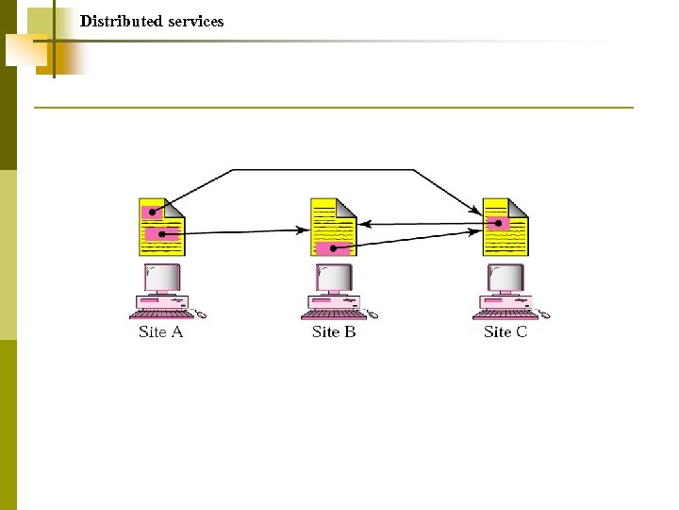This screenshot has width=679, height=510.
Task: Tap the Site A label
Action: (x=160, y=331)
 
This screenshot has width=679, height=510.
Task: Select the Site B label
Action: (x=334, y=331)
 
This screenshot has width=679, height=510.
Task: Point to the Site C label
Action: (x=505, y=331)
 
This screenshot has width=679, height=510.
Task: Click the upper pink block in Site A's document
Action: (x=151, y=212)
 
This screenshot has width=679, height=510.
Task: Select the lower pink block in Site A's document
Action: (x=161, y=233)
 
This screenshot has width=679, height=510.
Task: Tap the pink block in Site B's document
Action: (x=333, y=248)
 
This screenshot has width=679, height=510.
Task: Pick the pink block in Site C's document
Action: (x=498, y=224)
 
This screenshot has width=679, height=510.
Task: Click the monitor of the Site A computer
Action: (x=161, y=278)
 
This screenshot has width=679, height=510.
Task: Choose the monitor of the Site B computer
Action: (x=334, y=278)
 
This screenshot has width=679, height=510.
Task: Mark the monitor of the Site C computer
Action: (x=505, y=278)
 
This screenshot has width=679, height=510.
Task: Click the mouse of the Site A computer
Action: (x=200, y=314)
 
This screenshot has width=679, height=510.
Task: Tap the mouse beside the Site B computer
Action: (x=373, y=314)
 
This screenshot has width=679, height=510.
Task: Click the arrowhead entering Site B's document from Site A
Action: (x=305, y=229)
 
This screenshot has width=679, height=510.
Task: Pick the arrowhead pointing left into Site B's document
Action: (x=364, y=224)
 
